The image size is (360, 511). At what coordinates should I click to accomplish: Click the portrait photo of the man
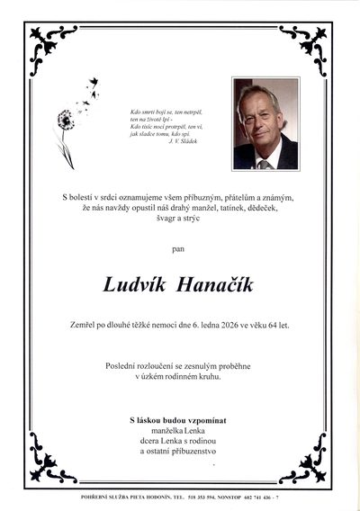click(x=265, y=123)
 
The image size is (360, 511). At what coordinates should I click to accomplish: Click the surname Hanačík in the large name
click(x=218, y=285)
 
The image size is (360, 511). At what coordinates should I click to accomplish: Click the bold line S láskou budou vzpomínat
click(x=180, y=420)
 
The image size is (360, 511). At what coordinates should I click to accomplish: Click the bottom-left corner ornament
click(x=52, y=468)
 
